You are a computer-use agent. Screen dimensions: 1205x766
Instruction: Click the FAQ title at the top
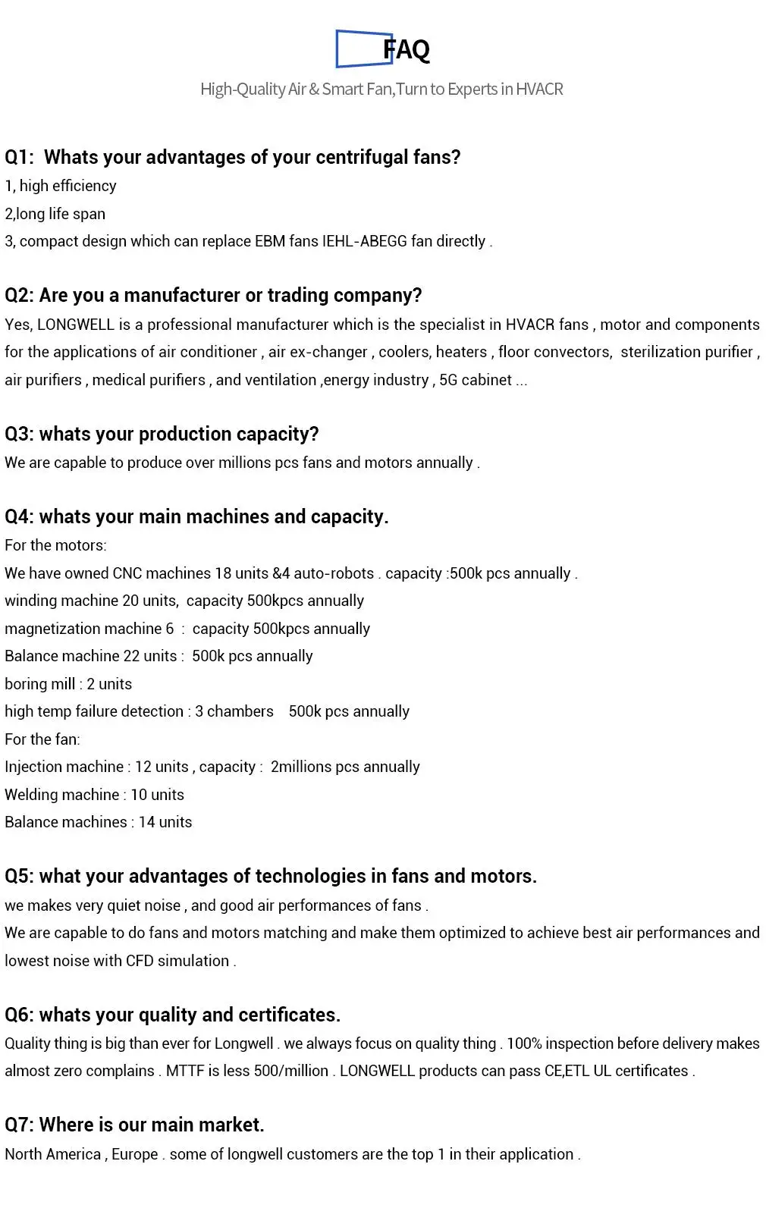[407, 50]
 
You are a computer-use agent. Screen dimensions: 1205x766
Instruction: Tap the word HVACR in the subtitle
[539, 89]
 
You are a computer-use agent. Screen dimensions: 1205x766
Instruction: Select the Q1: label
[20, 157]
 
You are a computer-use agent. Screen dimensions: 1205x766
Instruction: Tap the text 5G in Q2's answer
[448, 380]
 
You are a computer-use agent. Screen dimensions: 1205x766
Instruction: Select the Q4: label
[20, 516]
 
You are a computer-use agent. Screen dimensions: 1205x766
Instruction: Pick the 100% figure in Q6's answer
[524, 1043]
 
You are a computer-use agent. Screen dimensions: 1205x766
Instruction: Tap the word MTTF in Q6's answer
[184, 1071]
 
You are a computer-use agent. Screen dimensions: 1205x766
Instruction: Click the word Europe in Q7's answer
[134, 1154]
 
